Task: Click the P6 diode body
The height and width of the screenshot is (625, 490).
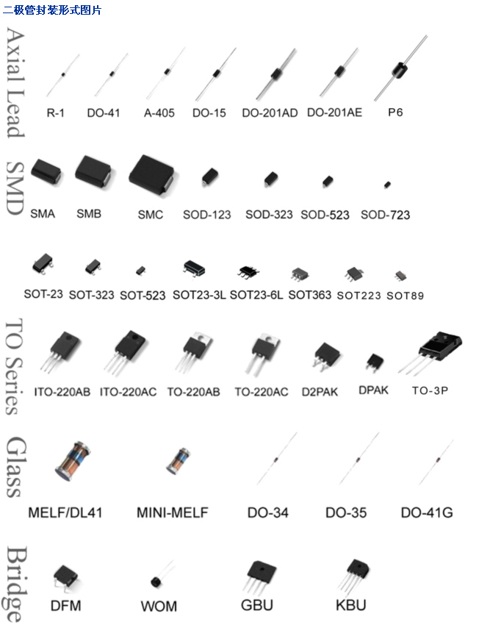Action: coord(400,69)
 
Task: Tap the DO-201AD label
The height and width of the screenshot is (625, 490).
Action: coord(270,113)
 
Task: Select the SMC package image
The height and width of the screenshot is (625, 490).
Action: coord(152,176)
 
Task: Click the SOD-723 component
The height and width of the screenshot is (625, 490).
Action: coord(387,185)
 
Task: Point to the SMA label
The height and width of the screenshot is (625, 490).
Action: coord(43,214)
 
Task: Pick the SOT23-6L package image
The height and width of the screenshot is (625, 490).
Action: coord(249,271)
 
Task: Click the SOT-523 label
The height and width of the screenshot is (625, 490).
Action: coord(143,296)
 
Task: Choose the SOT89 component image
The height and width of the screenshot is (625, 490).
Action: coord(400,275)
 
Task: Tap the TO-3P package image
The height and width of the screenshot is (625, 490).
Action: coord(432,351)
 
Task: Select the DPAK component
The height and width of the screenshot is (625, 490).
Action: coord(375,362)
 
